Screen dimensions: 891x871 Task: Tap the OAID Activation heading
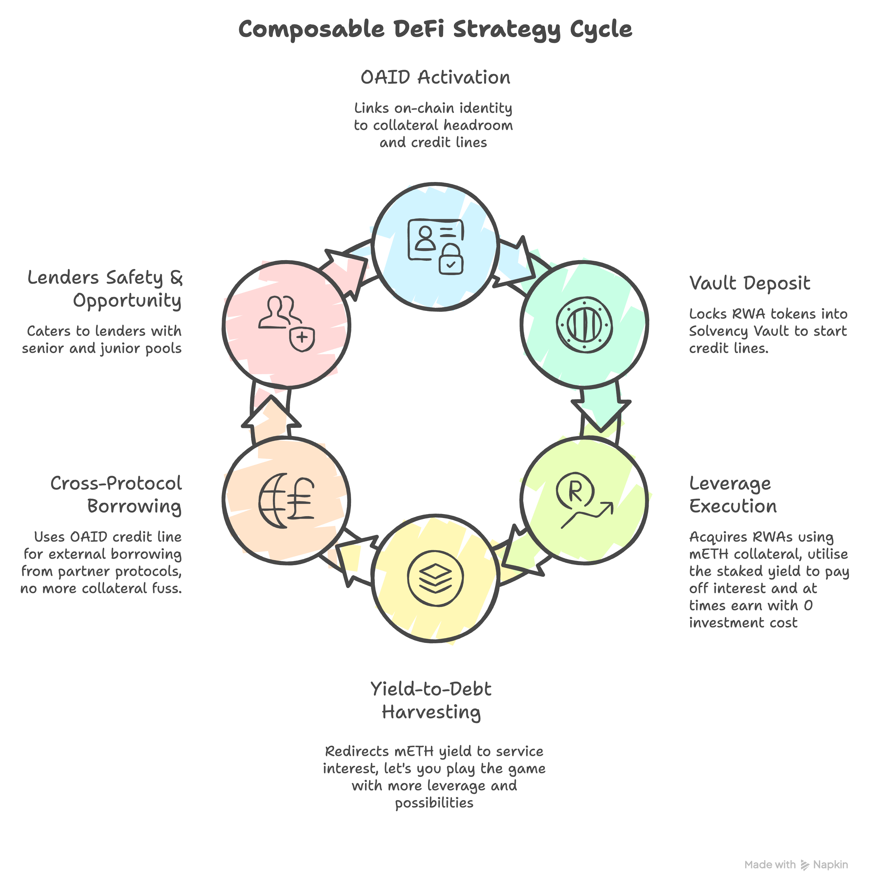[435, 77]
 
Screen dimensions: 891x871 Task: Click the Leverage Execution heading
[733, 495]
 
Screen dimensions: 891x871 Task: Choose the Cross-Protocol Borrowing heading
[116, 495]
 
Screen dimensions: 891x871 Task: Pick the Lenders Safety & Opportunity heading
[105, 289]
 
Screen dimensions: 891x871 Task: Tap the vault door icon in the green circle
[584, 325]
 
